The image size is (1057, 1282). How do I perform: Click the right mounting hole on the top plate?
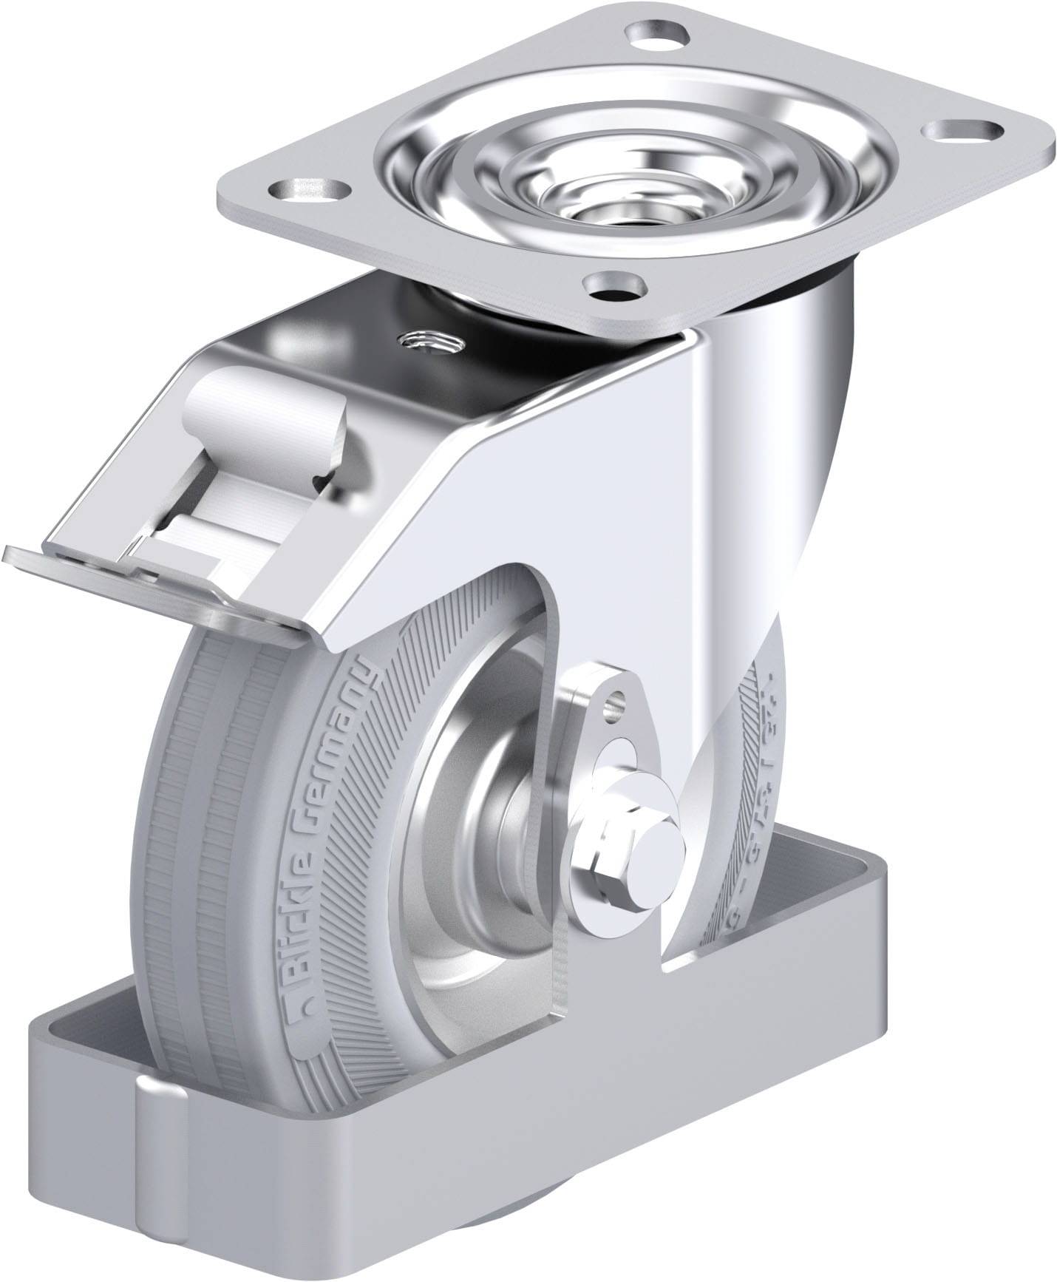pyautogui.click(x=961, y=130)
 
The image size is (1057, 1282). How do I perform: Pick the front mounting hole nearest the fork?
pyautogui.click(x=614, y=285)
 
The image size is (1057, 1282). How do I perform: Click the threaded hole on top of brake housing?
pyautogui.click(x=428, y=342)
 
